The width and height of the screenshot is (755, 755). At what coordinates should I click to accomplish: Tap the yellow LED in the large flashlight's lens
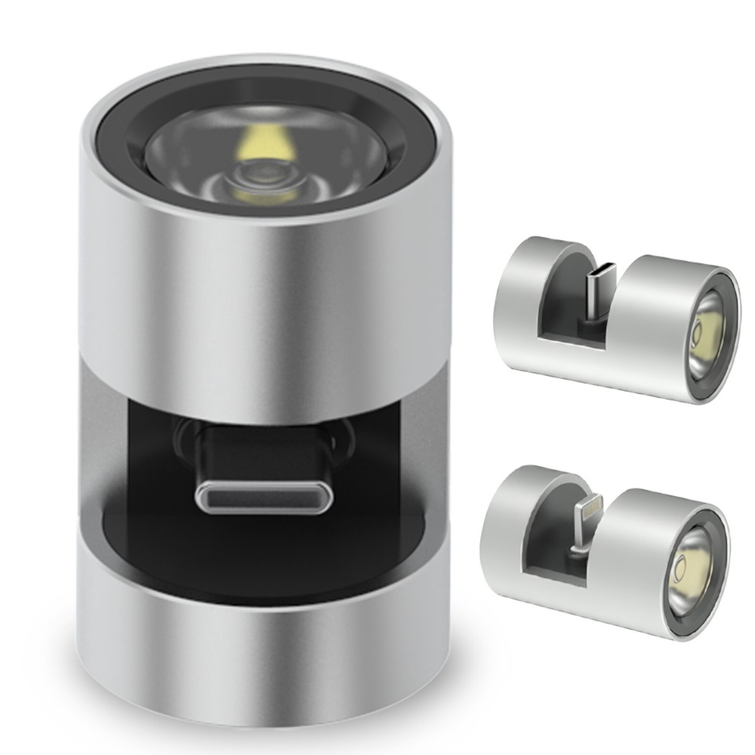(x=266, y=143)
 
